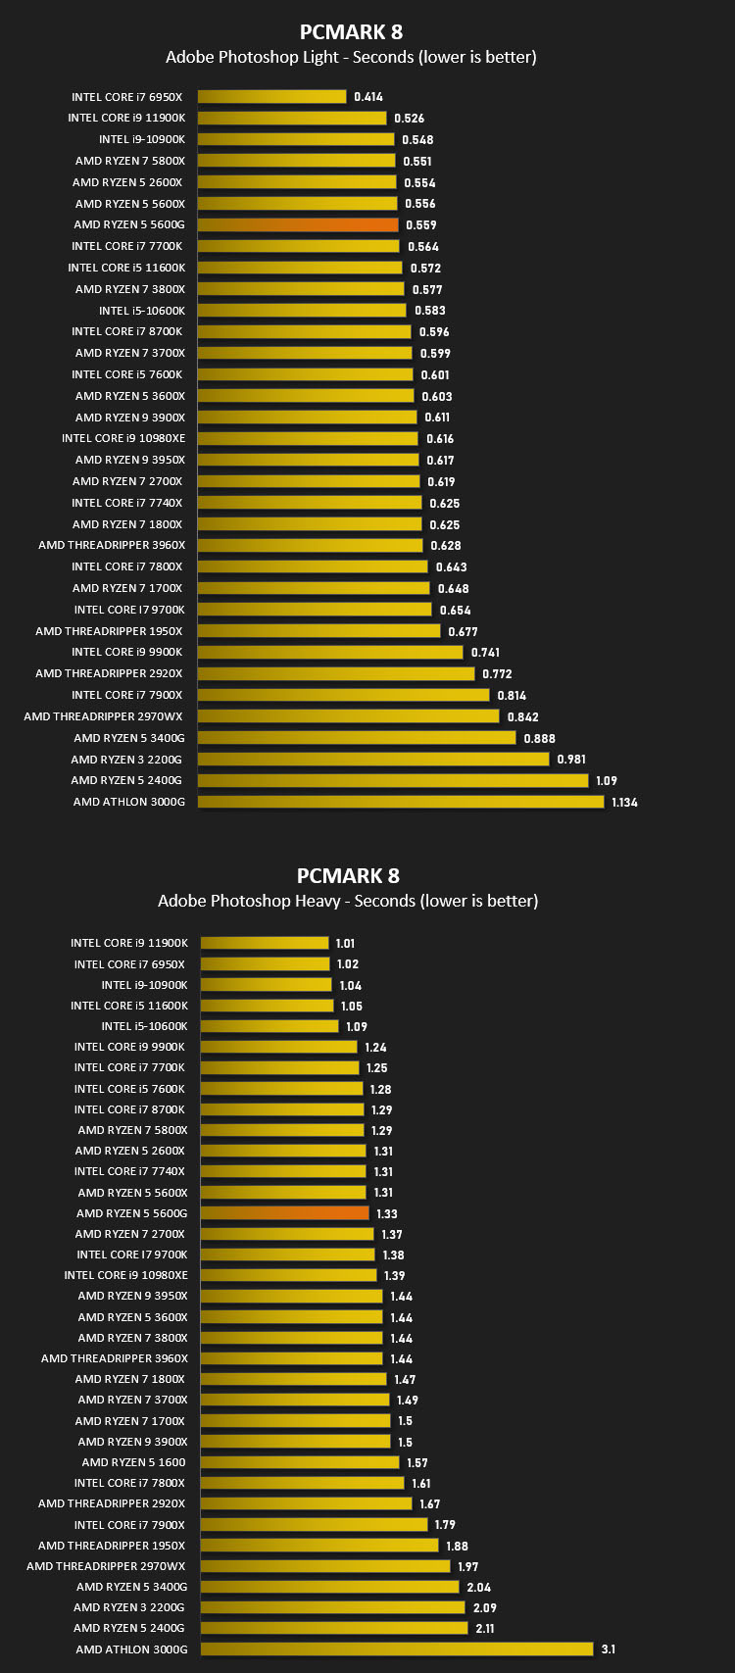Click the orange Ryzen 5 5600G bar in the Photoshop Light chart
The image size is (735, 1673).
[x=298, y=224]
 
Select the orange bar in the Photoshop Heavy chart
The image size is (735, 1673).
[x=284, y=1213]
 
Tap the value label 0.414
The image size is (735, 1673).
[x=368, y=96]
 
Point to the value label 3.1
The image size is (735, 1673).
[x=608, y=1648]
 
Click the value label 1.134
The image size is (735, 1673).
[x=624, y=802]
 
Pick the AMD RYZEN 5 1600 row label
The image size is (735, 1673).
[x=133, y=1461]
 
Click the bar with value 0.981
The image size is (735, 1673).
[x=373, y=759]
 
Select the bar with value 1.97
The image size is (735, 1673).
[x=325, y=1565]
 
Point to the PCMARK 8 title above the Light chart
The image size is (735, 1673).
[x=351, y=32]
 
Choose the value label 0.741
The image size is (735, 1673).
[x=485, y=652]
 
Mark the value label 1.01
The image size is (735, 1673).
[x=345, y=943]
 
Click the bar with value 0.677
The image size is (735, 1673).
[x=318, y=631]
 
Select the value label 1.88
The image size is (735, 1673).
[x=457, y=1546]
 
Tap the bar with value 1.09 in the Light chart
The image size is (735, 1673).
[x=393, y=780]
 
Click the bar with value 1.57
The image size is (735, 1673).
[x=300, y=1461]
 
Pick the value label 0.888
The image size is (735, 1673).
[x=539, y=739]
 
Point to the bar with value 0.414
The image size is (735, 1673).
[x=271, y=96]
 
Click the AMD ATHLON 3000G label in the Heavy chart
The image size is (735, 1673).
[x=131, y=1648]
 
